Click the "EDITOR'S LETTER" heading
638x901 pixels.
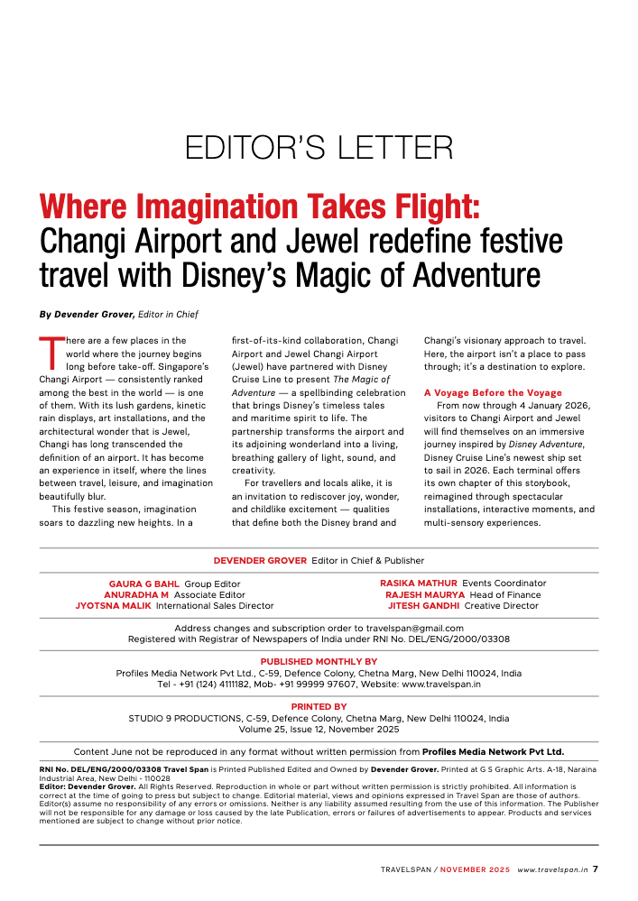[x=319, y=148]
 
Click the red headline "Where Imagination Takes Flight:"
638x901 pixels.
[x=259, y=206]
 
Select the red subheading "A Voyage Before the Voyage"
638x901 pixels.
[x=493, y=393]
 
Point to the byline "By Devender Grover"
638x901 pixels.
[x=87, y=314]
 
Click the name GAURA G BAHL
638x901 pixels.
[x=144, y=584]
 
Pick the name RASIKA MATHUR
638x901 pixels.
[x=419, y=584]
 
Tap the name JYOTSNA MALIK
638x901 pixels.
[x=114, y=606]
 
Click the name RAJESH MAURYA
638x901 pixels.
[x=424, y=595]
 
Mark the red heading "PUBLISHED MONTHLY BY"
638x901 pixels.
[x=319, y=662]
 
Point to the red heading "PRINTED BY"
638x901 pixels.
[x=319, y=707]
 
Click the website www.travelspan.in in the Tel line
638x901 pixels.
[x=440, y=685]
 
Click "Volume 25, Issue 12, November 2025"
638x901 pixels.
[x=319, y=730]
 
